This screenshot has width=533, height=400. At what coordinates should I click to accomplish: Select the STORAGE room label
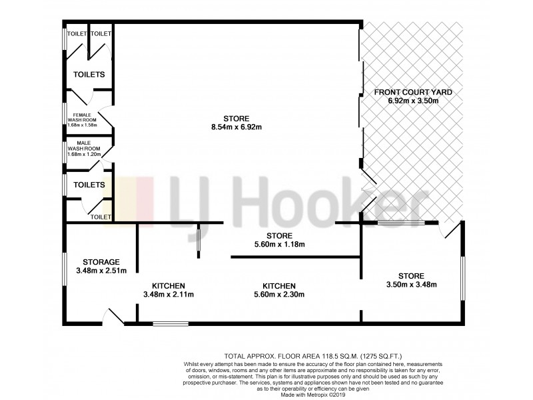[x=101, y=261]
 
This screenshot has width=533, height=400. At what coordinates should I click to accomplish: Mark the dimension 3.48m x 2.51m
[x=101, y=270]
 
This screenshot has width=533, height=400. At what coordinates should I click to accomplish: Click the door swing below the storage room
[x=114, y=317]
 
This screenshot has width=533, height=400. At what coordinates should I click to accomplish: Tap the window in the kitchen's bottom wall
[x=170, y=325]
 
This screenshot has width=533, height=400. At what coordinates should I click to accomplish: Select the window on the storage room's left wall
[x=64, y=269]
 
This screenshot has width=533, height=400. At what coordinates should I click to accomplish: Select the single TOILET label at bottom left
[x=101, y=217]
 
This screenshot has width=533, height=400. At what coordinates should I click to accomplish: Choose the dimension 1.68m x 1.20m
[x=83, y=155]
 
